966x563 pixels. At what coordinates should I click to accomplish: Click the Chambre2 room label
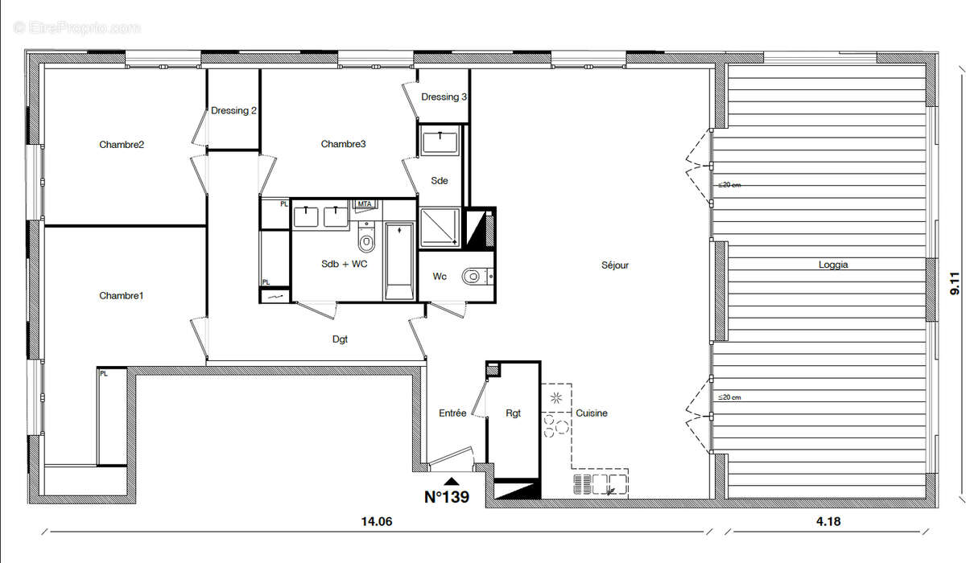point(122,145)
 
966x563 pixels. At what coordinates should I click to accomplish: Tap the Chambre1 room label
point(122,296)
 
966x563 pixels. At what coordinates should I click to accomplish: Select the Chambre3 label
point(343,145)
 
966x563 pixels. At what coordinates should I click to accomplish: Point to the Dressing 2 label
point(233,111)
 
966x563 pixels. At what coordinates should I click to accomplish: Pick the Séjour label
point(615,265)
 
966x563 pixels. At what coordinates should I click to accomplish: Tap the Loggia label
point(833,265)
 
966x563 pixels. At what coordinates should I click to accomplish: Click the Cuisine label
point(592,413)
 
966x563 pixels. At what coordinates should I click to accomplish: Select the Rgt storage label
point(513,413)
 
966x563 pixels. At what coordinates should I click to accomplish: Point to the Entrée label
point(452,413)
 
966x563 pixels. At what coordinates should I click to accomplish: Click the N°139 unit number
point(447,498)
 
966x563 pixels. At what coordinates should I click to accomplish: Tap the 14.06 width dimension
point(376,522)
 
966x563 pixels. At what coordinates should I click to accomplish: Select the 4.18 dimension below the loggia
point(828,522)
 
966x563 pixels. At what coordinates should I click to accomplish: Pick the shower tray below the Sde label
point(440,227)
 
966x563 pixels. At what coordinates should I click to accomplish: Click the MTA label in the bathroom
point(365,204)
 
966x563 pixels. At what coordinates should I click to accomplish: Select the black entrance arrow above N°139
point(452,481)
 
